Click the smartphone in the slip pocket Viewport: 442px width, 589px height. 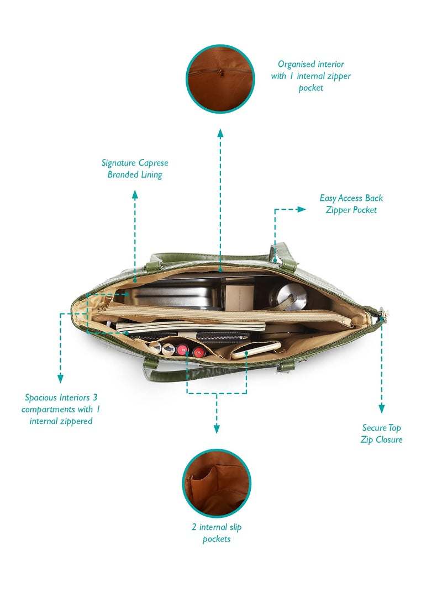click(256, 350)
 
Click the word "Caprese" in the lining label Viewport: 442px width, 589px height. click(153, 163)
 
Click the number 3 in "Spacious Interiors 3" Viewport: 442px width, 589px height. click(94, 397)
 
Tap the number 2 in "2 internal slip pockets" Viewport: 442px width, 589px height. click(194, 527)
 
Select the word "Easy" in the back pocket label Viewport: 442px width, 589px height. click(328, 198)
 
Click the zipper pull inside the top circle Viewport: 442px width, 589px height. click(220, 71)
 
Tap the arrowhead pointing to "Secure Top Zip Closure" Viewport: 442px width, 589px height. click(381, 408)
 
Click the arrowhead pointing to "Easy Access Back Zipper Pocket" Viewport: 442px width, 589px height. click(302, 209)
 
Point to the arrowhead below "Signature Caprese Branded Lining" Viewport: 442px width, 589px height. click(135, 194)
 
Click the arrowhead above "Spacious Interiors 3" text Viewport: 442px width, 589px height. click(60, 378)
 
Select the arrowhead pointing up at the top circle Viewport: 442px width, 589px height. click(220, 134)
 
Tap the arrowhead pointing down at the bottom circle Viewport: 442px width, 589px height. click(217, 429)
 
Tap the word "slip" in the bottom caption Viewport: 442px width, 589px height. click(235, 527)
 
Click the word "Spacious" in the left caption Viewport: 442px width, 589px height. click(39, 398)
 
